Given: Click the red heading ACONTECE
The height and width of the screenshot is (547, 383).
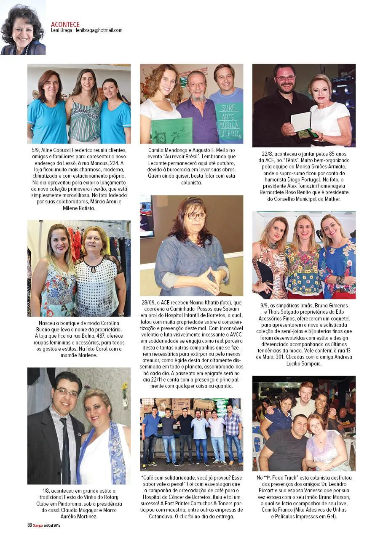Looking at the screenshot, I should pyautogui.click(x=65, y=24).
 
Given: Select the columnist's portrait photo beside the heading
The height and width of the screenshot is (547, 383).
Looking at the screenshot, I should pyautogui.click(x=23, y=28).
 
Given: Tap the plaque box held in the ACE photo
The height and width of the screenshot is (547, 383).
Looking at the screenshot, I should pyautogui.click(x=301, y=123).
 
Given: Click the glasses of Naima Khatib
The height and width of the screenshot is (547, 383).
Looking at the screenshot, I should pyautogui.click(x=196, y=216).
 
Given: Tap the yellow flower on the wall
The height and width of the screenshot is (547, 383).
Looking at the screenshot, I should pyautogui.click(x=124, y=387).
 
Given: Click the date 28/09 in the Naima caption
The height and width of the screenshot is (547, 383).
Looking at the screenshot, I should pyautogui.click(x=149, y=302).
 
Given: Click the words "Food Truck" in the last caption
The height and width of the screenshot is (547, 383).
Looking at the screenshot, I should pyautogui.click(x=283, y=478).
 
